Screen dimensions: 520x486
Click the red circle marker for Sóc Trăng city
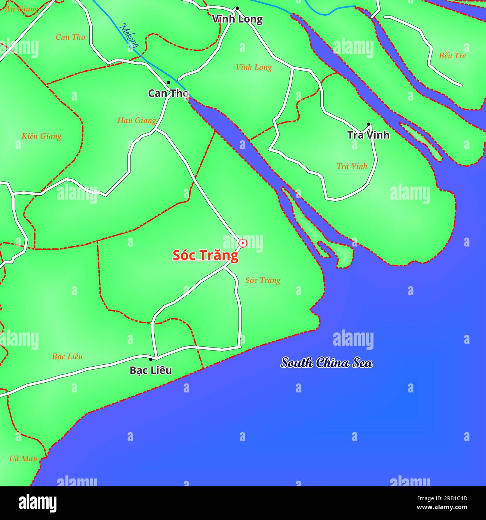pyautogui.click(x=243, y=243)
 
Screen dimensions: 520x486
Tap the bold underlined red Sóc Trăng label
pyautogui.click(x=205, y=255)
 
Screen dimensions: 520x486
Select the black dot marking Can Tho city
pyautogui.click(x=168, y=82)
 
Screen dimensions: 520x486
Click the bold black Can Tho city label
pyautogui.click(x=168, y=93)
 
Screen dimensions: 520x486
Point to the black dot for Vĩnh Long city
pyautogui.click(x=237, y=8)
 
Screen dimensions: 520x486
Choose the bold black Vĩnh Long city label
pyautogui.click(x=237, y=19)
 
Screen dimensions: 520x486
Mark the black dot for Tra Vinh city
pyautogui.click(x=368, y=124)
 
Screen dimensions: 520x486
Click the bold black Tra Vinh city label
pyautogui.click(x=368, y=135)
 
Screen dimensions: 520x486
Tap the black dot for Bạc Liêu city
pyautogui.click(x=151, y=359)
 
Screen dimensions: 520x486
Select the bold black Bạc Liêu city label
pyautogui.click(x=151, y=370)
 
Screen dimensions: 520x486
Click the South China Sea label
pyautogui.click(x=327, y=363)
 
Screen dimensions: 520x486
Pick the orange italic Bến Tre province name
pyautogui.click(x=452, y=56)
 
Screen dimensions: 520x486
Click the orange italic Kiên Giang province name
pyautogui.click(x=41, y=136)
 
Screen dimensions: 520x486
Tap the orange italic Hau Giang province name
pyautogui.click(x=136, y=120)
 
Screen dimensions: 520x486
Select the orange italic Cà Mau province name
pyautogui.click(x=23, y=458)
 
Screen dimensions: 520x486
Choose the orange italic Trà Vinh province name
pyautogui.click(x=352, y=166)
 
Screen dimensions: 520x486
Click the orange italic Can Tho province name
pyautogui.click(x=70, y=37)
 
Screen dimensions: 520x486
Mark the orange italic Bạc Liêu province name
pyautogui.click(x=67, y=357)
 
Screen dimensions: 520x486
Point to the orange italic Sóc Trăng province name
pyautogui.click(x=263, y=280)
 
